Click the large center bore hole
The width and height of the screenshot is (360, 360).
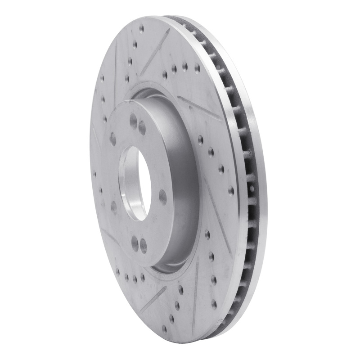point(135,182)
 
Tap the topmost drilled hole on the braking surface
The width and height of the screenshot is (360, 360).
point(141,28)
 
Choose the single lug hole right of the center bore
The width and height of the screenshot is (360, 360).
point(162,197)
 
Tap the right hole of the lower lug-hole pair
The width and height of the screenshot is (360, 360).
point(144,246)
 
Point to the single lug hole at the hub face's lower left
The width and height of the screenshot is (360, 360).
point(114,207)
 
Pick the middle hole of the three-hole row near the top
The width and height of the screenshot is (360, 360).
point(185,67)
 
